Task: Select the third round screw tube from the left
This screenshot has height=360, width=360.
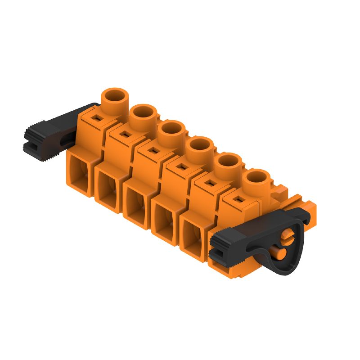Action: pyautogui.click(x=171, y=129)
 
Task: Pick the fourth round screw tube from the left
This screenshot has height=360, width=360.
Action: pyautogui.click(x=199, y=145)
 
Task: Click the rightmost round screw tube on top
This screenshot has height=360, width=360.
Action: pyautogui.click(x=256, y=178)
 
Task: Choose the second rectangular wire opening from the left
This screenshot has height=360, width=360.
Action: pyautogui.click(x=108, y=189)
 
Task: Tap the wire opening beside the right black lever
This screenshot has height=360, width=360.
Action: pyautogui.click(x=193, y=236)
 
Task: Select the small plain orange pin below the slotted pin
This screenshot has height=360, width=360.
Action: pyautogui.click(x=280, y=254)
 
